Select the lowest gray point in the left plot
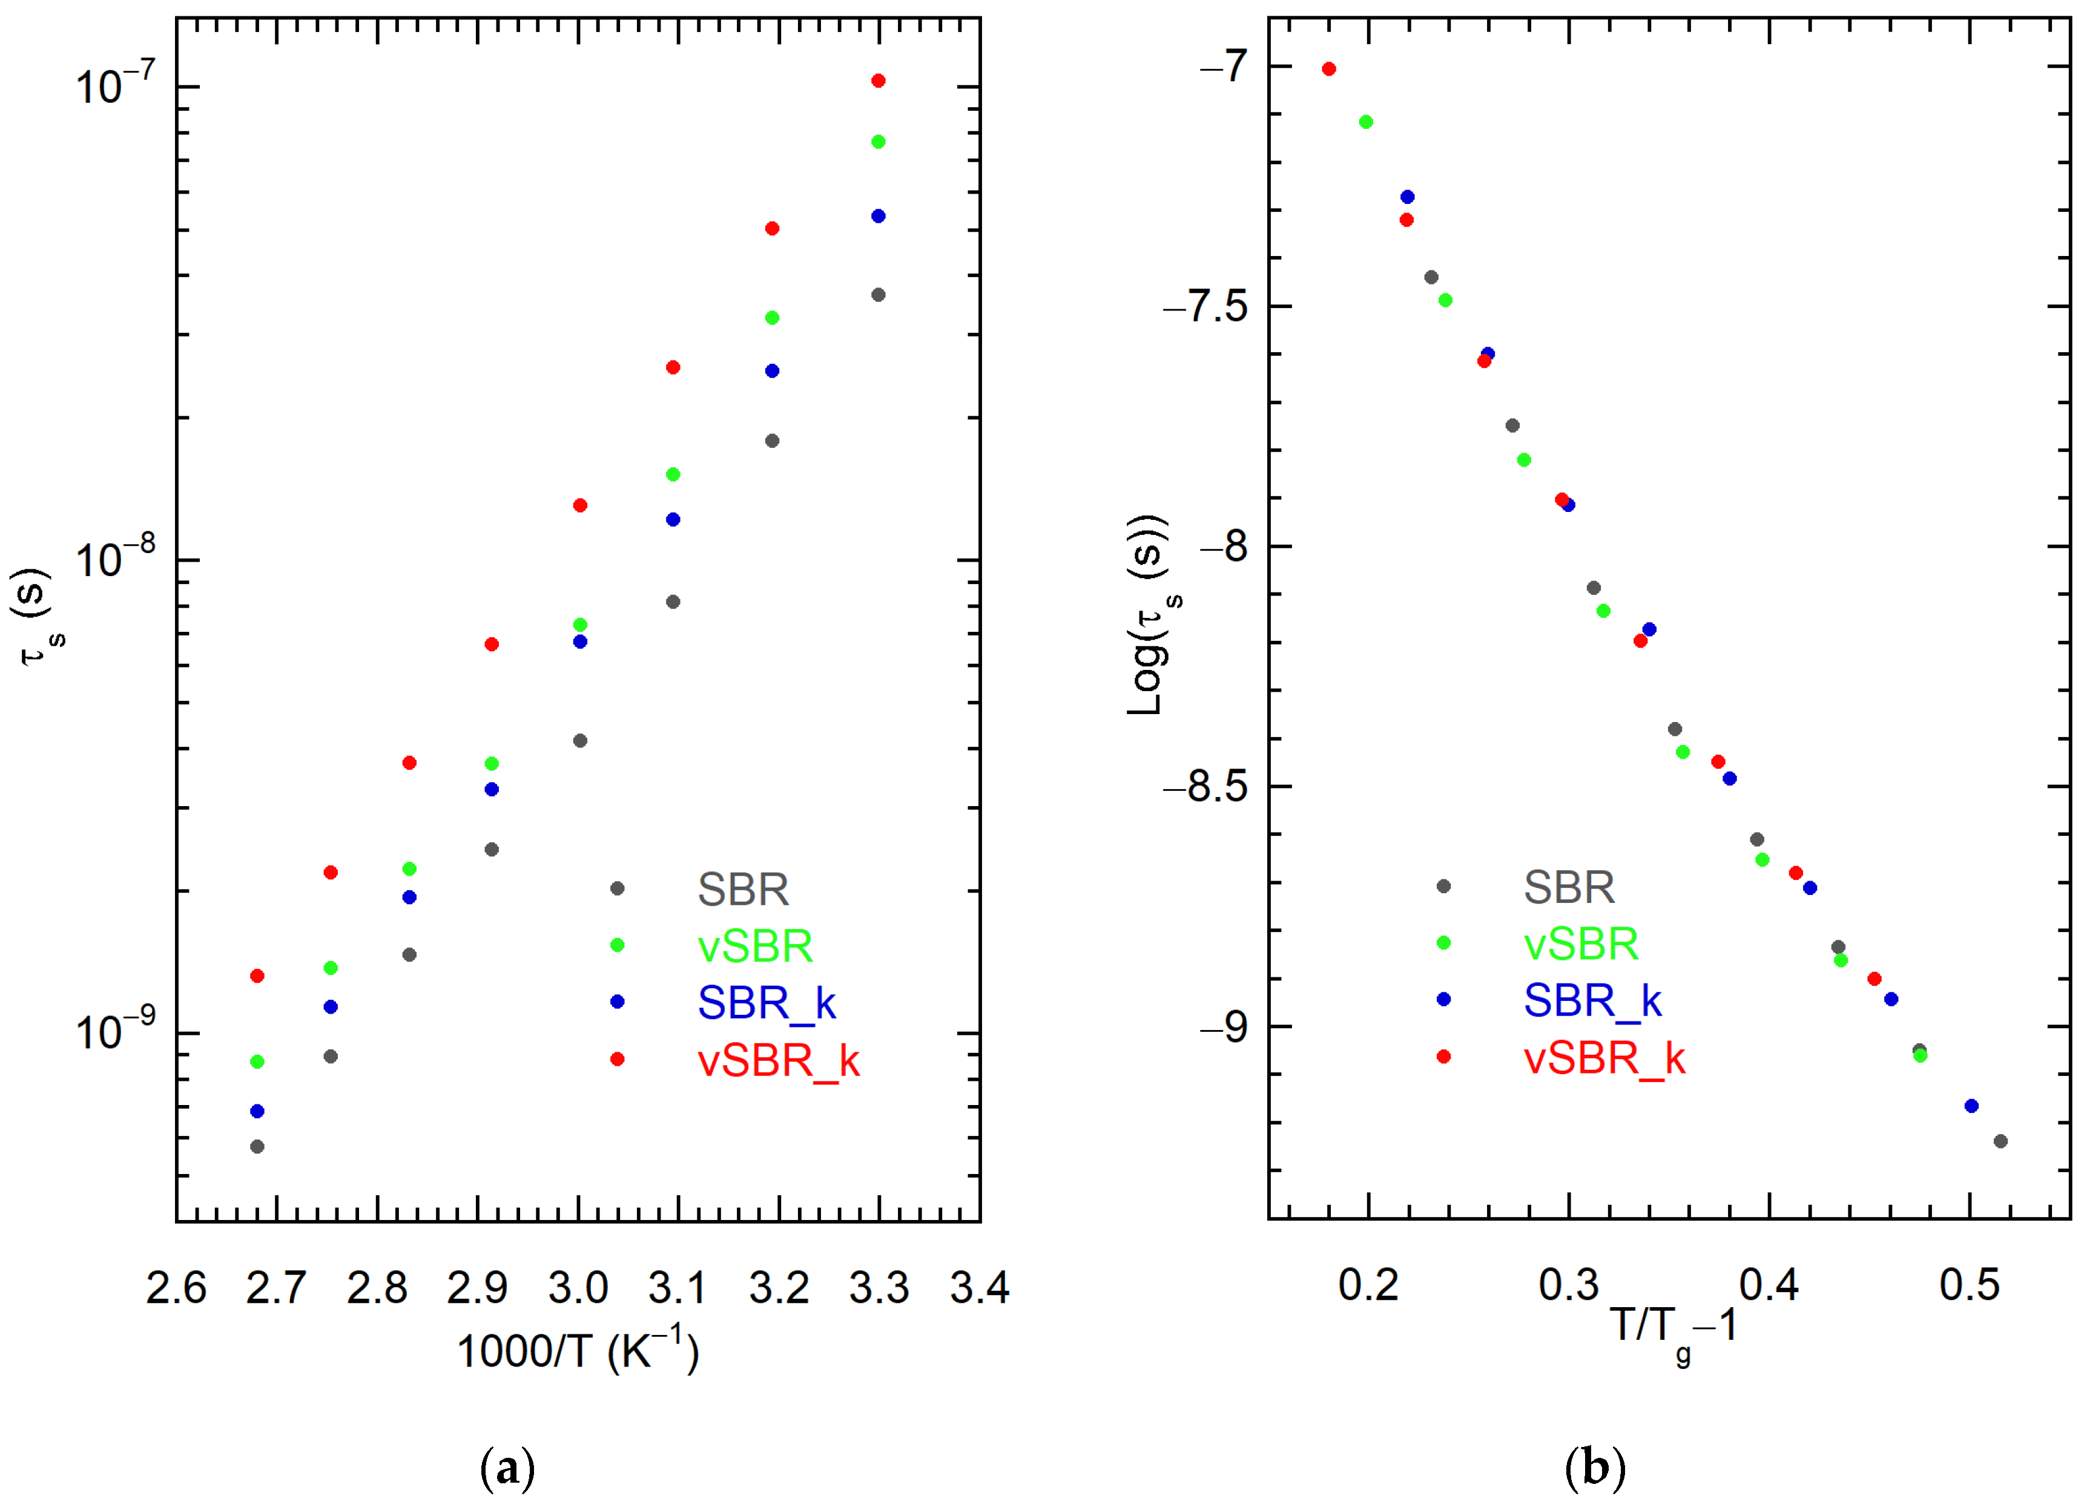point(257,1146)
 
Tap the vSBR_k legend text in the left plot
point(778,1061)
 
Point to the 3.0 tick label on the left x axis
point(578,1288)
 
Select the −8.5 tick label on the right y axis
point(1205,787)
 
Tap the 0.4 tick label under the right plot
point(1769,1285)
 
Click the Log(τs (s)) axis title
point(1150,615)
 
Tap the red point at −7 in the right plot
point(1329,69)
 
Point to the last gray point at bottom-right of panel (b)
point(2000,1141)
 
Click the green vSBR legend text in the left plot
point(754,946)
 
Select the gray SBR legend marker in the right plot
point(1443,887)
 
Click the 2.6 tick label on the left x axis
point(176,1288)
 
